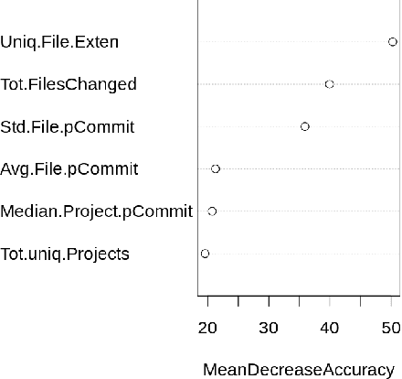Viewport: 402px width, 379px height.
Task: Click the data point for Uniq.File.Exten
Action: click(392, 41)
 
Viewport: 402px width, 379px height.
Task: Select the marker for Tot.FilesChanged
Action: click(329, 84)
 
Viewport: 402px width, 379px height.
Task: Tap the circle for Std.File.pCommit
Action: click(304, 126)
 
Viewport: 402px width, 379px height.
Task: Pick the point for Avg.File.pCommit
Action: click(216, 168)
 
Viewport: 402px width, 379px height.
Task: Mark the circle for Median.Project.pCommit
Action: click(212, 211)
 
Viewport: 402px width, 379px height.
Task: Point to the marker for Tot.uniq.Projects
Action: click(205, 254)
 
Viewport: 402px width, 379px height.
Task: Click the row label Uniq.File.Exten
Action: click(59, 42)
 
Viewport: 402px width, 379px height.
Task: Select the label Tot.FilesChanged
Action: click(69, 84)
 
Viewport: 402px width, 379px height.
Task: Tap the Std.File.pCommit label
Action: click(68, 127)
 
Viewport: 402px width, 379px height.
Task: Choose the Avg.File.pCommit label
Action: click(69, 169)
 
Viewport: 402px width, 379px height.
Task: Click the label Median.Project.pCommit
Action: click(96, 211)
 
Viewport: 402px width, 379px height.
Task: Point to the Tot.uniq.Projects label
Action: click(65, 254)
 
